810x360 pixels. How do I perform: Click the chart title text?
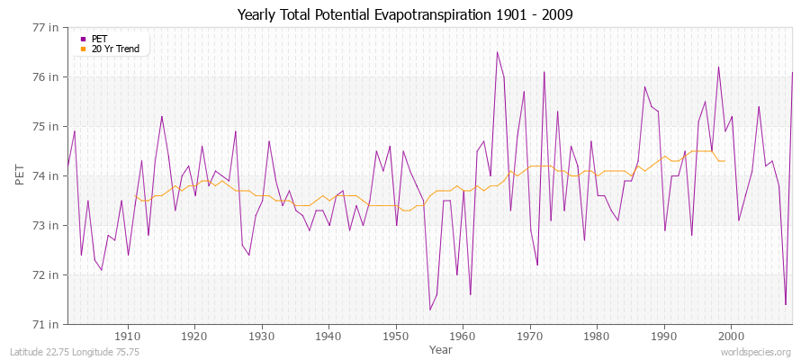click(404, 14)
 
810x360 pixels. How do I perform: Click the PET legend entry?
click(100, 39)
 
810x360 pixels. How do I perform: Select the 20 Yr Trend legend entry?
click(118, 49)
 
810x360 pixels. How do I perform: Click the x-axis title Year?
click(441, 348)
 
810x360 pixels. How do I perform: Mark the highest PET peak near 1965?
click(497, 51)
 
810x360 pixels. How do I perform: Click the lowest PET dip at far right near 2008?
click(786, 304)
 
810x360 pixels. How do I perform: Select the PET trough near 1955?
click(430, 310)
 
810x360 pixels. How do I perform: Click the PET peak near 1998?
click(718, 67)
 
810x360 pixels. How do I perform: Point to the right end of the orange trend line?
click(724, 161)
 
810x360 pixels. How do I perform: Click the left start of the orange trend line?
click(135, 195)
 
